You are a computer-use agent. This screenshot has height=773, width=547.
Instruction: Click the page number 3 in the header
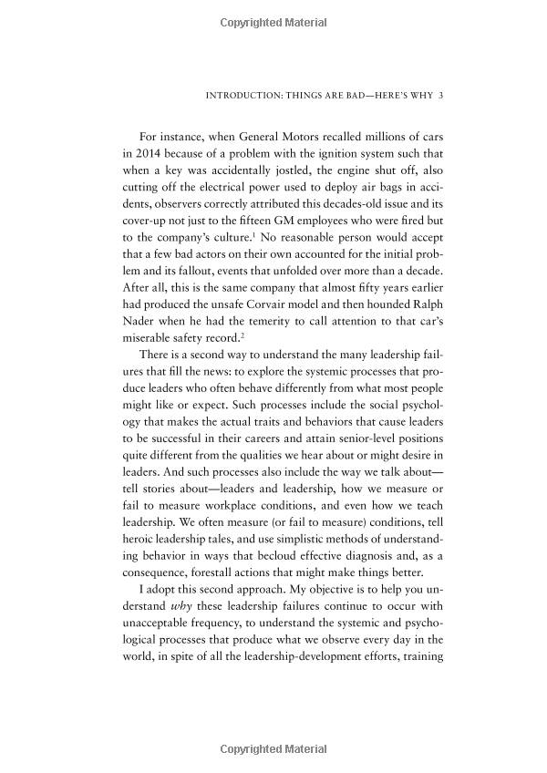point(440,94)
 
